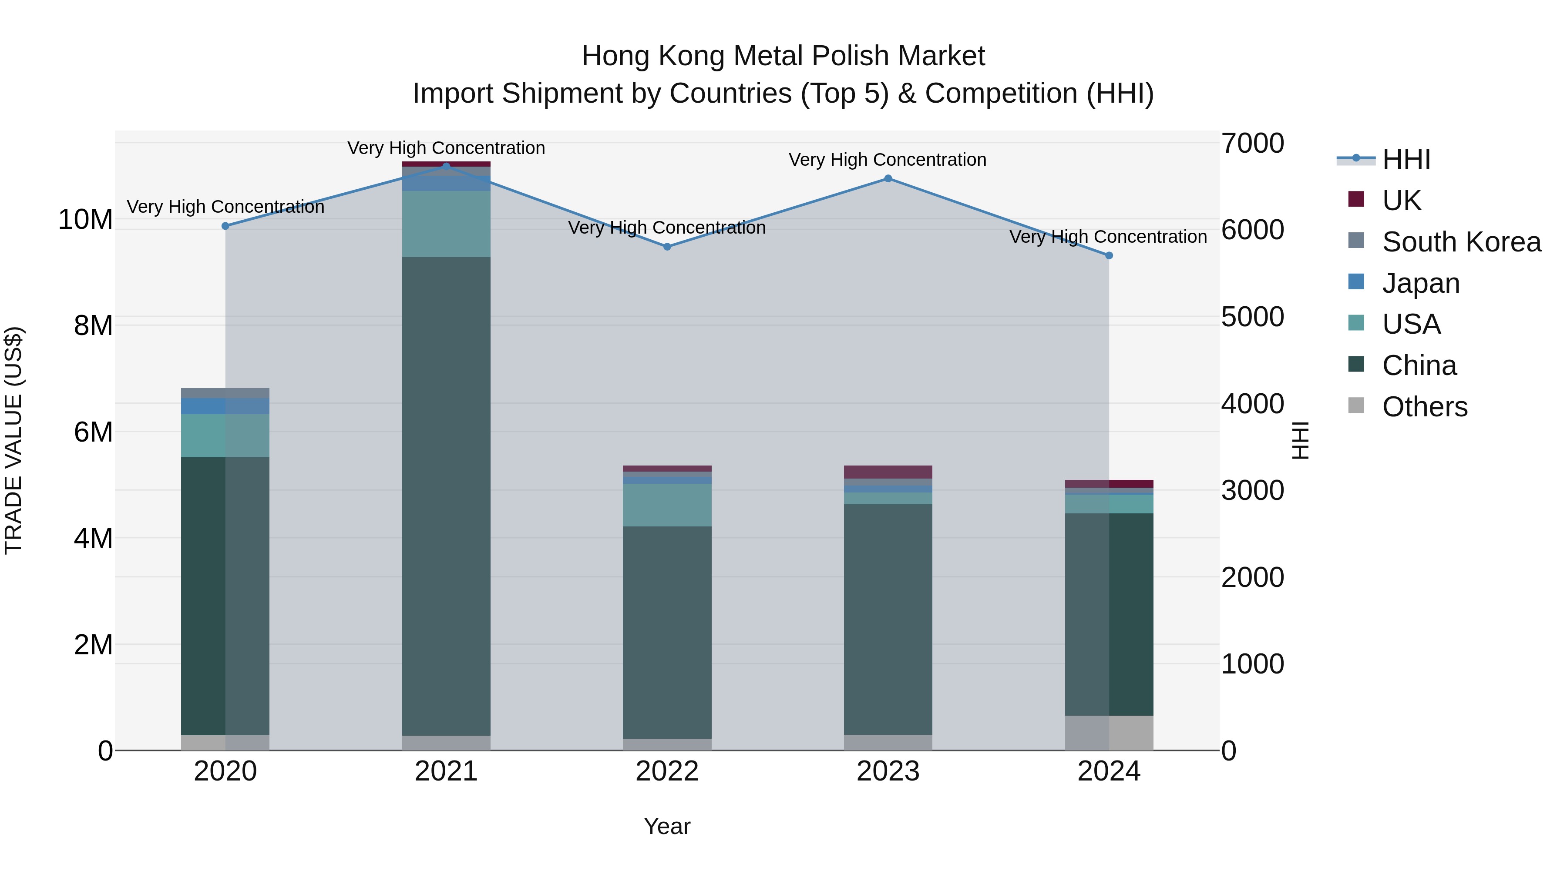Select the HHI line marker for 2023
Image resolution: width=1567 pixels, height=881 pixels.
click(888, 178)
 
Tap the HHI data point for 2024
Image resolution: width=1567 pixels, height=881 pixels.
click(1109, 255)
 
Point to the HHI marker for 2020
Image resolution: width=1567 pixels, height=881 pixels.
click(225, 225)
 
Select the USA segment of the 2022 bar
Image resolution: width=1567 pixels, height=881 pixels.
click(667, 505)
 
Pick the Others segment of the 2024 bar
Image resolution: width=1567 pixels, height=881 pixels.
click(1109, 733)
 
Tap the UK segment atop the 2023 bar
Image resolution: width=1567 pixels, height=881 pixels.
click(888, 472)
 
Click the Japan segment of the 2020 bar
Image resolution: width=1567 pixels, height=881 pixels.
click(225, 406)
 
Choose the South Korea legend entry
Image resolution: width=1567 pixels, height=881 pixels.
click(1461, 242)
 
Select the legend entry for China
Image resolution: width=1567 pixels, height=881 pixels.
click(1419, 365)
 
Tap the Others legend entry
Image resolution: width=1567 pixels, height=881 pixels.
click(1424, 407)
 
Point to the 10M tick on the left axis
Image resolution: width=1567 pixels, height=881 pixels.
click(85, 220)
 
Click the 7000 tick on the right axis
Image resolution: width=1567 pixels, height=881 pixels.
click(1252, 144)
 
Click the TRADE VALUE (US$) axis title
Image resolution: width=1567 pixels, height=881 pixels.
click(13, 440)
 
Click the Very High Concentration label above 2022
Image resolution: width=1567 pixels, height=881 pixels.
click(667, 228)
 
